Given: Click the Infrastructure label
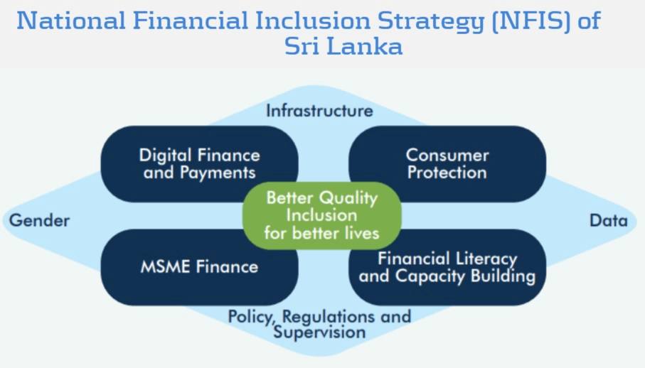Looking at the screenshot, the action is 319,111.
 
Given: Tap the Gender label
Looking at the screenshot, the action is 40,220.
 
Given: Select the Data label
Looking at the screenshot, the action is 609,220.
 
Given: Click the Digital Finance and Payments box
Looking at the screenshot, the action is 200,164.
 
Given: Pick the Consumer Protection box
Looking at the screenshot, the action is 447,164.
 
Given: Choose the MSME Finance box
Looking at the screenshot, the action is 200,267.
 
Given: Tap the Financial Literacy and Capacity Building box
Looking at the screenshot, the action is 447,267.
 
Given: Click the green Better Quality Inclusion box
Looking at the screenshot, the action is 322,216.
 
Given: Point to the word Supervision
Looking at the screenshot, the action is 319,332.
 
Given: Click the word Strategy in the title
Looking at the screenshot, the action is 431,21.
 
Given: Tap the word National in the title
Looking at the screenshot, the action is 70,21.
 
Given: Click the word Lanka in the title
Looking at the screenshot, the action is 366,46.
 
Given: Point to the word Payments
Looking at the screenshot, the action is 218,173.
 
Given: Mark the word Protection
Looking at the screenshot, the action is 447,173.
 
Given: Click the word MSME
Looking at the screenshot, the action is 165,267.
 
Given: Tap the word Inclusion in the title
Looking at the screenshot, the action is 313,21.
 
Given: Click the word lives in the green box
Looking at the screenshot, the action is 362,233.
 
